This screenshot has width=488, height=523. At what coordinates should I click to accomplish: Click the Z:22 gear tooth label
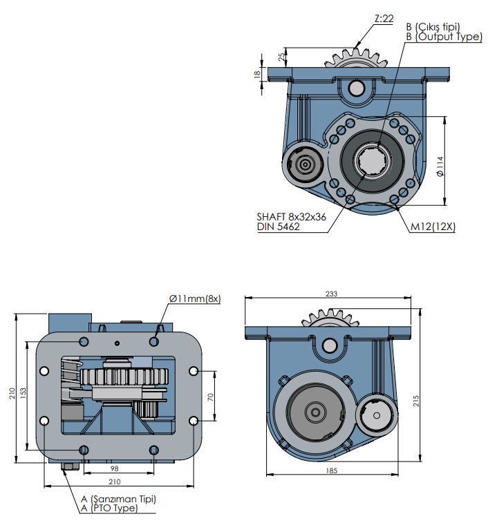tap(383, 19)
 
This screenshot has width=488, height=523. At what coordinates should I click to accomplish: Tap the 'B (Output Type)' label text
tap(444, 37)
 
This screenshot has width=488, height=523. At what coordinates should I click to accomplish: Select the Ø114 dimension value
tap(440, 167)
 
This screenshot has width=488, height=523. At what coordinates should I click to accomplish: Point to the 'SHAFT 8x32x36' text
tap(291, 216)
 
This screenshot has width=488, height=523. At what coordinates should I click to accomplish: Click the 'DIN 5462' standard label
tap(279, 227)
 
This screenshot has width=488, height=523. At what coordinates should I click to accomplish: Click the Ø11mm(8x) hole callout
tap(194, 298)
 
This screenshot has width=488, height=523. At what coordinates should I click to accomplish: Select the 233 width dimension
tap(332, 294)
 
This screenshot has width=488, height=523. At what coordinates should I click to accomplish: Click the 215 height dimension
tap(416, 401)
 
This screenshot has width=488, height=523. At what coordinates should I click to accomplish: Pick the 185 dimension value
tap(331, 470)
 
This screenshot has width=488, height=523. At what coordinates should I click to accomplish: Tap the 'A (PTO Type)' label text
tap(109, 508)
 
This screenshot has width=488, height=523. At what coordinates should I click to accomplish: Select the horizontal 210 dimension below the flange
tap(115, 482)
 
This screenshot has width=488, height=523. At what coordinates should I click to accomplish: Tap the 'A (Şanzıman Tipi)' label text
tap(118, 499)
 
